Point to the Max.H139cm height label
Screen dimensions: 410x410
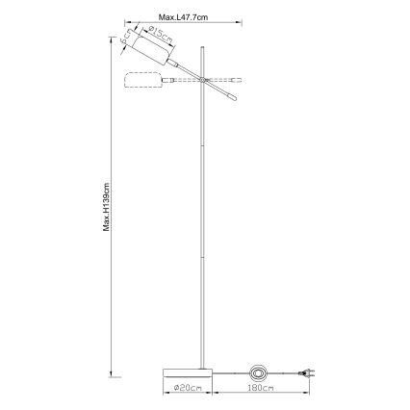pyautogui.click(x=110, y=207)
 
